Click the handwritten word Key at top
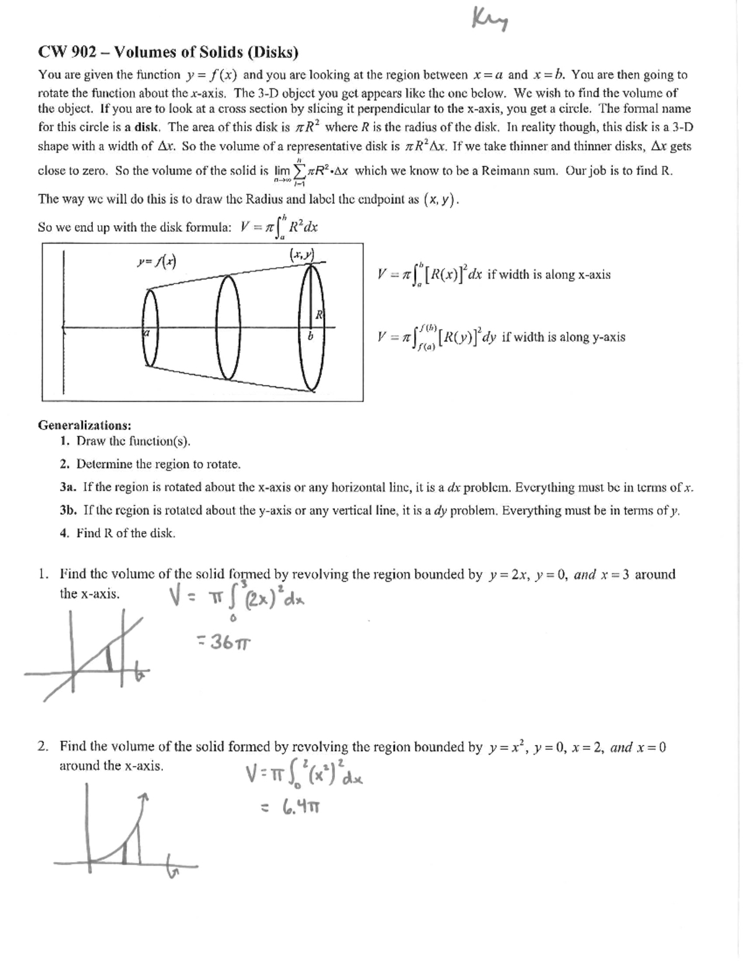coord(490,20)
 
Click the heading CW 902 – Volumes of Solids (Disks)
coord(168,53)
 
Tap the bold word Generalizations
coord(84,425)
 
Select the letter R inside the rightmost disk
coord(319,314)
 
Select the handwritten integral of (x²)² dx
coord(303,774)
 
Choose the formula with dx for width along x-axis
coord(493,275)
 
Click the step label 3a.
coord(68,487)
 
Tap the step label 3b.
coord(68,511)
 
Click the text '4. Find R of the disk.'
coord(118,533)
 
